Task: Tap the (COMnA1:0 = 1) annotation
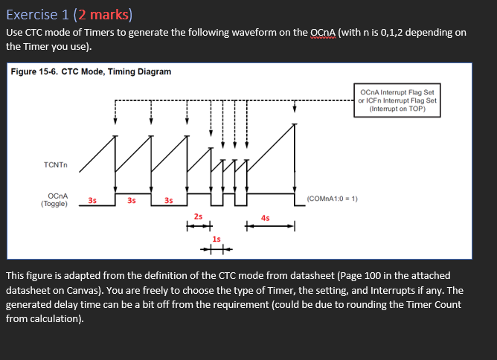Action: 333,199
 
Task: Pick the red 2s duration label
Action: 198,216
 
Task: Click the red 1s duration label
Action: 217,239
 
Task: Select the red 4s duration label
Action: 266,218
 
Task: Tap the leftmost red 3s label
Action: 92,199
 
